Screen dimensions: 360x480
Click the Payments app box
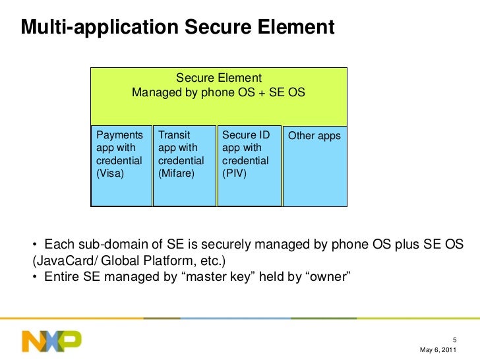[x=121, y=165]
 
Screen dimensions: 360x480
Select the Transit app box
[x=184, y=165]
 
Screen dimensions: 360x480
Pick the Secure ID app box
[x=249, y=165]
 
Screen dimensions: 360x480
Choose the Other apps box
[x=315, y=165]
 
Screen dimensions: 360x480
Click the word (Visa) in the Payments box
[x=109, y=173]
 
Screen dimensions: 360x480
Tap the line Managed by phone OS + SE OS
[x=218, y=92]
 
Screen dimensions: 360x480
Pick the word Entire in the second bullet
[x=61, y=276]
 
